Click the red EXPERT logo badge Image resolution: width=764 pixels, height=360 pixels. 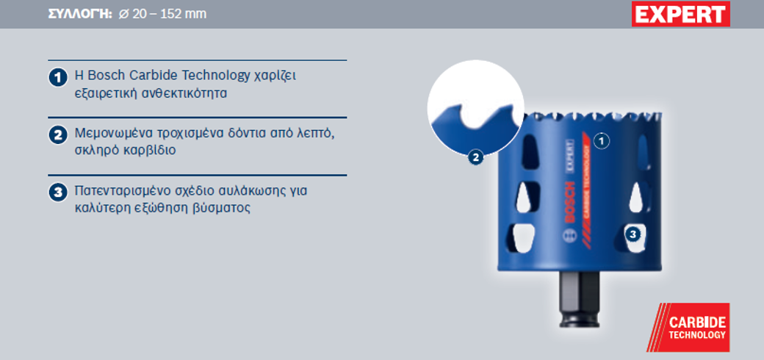(681, 14)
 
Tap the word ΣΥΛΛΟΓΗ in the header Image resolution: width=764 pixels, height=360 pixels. (80, 14)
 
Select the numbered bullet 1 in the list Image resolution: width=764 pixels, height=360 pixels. (57, 78)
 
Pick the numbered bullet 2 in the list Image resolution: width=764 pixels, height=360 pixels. (57, 135)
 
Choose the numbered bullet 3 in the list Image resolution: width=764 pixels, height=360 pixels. (57, 192)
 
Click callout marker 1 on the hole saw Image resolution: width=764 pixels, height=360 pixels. (602, 141)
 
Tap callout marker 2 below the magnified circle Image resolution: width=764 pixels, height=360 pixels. (475, 157)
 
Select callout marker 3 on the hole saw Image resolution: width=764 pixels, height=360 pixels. (633, 234)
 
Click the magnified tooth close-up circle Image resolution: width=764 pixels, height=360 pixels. (475, 108)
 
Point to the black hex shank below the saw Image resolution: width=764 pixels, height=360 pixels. (578, 298)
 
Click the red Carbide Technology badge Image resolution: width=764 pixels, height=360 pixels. (688, 328)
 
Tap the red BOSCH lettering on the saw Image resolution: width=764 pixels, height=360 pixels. (569, 203)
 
